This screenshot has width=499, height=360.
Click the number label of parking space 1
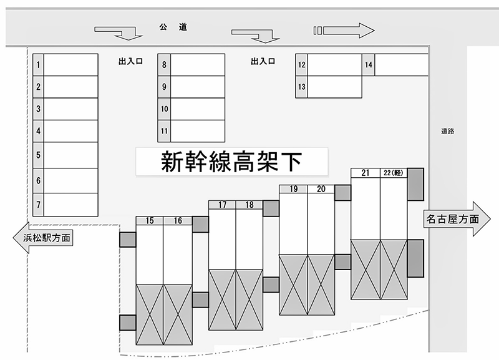(39, 64)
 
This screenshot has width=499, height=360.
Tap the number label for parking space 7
(39, 204)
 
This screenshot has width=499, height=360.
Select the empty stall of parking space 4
(71, 131)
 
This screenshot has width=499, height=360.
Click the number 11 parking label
(164, 131)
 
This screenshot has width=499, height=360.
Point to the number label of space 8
(164, 65)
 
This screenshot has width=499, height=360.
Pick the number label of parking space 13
(302, 87)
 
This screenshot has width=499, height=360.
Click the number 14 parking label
(369, 64)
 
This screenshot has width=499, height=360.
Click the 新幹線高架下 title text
(231, 162)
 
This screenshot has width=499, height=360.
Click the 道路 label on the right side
(447, 131)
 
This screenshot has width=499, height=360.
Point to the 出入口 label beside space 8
(130, 62)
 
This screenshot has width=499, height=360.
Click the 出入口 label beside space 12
(263, 62)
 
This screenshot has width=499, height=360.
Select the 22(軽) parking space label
(394, 173)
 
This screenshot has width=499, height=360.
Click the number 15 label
(150, 220)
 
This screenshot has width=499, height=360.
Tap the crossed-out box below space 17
(222, 299)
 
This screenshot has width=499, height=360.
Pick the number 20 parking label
(321, 189)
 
